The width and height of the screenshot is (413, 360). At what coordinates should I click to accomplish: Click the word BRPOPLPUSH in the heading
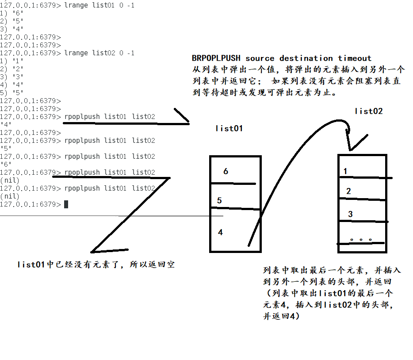216,58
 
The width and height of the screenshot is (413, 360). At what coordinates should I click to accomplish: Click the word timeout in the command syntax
355,58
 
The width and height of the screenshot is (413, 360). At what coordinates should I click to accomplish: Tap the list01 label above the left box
229,129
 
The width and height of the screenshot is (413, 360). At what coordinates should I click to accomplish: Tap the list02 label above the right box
368,111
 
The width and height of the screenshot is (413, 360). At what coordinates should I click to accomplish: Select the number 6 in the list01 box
226,171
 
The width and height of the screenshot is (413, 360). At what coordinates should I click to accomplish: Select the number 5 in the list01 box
219,200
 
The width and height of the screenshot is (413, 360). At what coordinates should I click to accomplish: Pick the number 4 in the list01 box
221,232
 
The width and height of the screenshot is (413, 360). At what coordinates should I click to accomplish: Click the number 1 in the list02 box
345,171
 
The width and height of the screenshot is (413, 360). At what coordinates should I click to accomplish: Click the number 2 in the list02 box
348,191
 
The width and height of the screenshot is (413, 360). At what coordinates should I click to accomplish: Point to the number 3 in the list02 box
350,214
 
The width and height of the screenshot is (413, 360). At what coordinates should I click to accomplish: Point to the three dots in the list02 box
361,240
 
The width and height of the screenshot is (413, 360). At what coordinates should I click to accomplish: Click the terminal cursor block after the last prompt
66,204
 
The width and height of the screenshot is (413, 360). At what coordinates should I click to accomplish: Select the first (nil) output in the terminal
10,180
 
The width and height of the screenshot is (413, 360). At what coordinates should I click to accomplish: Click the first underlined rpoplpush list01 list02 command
110,116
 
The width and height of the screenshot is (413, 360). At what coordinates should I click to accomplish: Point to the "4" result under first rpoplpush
6,124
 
